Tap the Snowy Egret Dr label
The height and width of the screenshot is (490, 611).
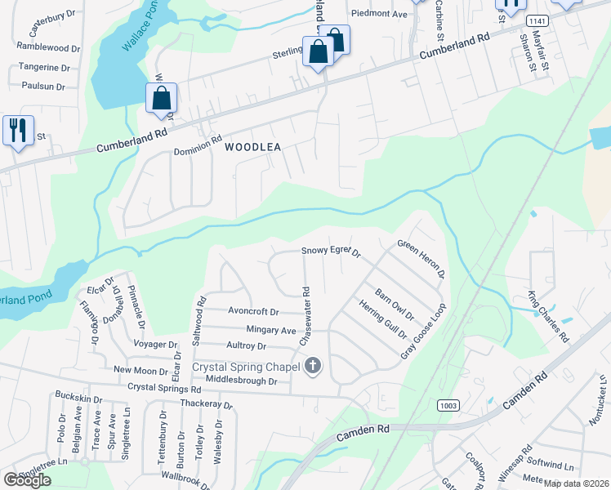[x=331, y=252]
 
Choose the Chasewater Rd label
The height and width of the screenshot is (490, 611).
[x=305, y=315]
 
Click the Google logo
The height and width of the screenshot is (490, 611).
[x=28, y=479]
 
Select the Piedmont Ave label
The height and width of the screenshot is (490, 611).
[x=378, y=14]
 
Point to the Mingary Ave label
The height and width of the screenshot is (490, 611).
[x=271, y=330]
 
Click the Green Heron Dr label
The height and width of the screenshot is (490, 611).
[x=421, y=259]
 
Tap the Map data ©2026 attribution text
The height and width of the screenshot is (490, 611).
[x=576, y=483]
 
